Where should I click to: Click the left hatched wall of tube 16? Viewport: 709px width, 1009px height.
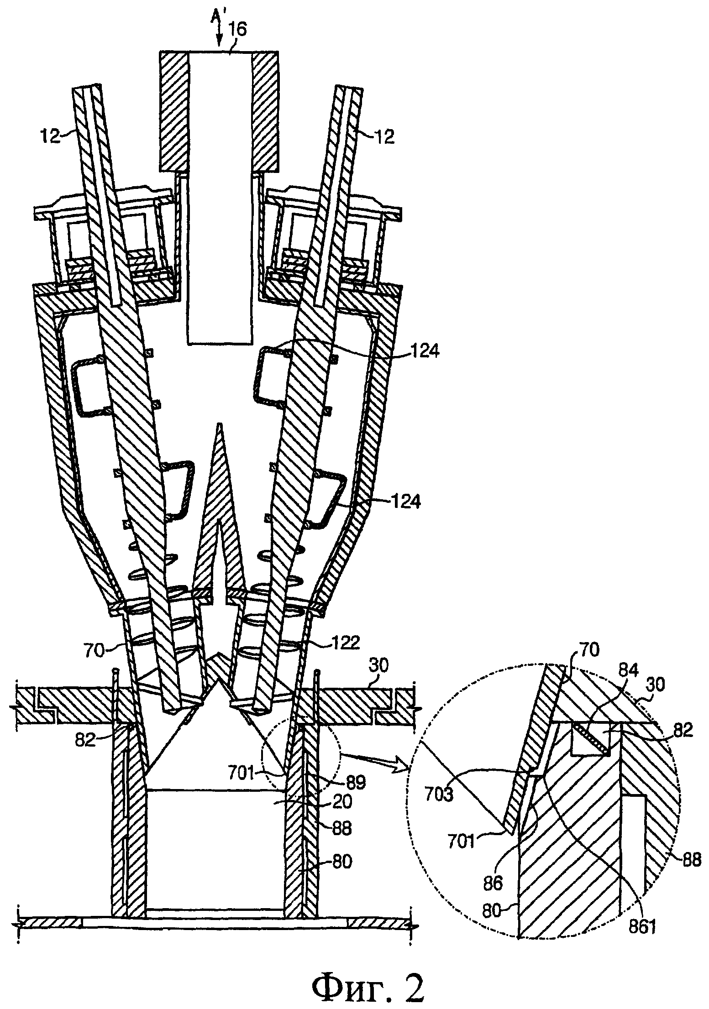click(x=173, y=112)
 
